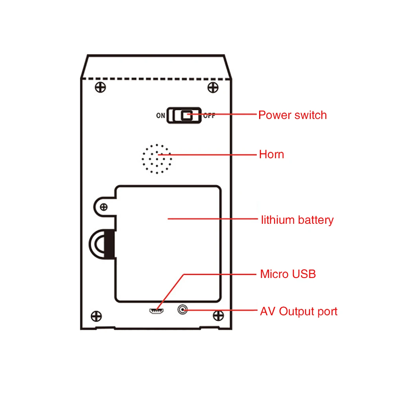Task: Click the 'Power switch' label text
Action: click(x=292, y=115)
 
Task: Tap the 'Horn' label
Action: click(x=271, y=154)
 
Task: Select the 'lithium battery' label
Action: click(x=297, y=220)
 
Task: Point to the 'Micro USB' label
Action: click(x=288, y=274)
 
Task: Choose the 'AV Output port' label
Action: click(x=299, y=311)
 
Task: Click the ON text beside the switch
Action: click(x=161, y=115)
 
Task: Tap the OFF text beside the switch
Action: click(x=209, y=115)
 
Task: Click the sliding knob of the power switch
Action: click(x=186, y=115)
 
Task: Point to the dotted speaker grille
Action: click(x=157, y=159)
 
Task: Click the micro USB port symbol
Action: click(x=156, y=311)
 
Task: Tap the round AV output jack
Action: click(x=183, y=309)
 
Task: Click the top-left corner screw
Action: click(x=100, y=88)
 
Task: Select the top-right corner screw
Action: click(x=213, y=88)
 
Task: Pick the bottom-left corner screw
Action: click(x=96, y=316)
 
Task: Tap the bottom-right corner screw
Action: click(x=218, y=316)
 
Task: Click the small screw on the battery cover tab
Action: click(x=104, y=207)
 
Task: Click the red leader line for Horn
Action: click(x=208, y=155)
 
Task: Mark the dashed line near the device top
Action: click(x=156, y=79)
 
